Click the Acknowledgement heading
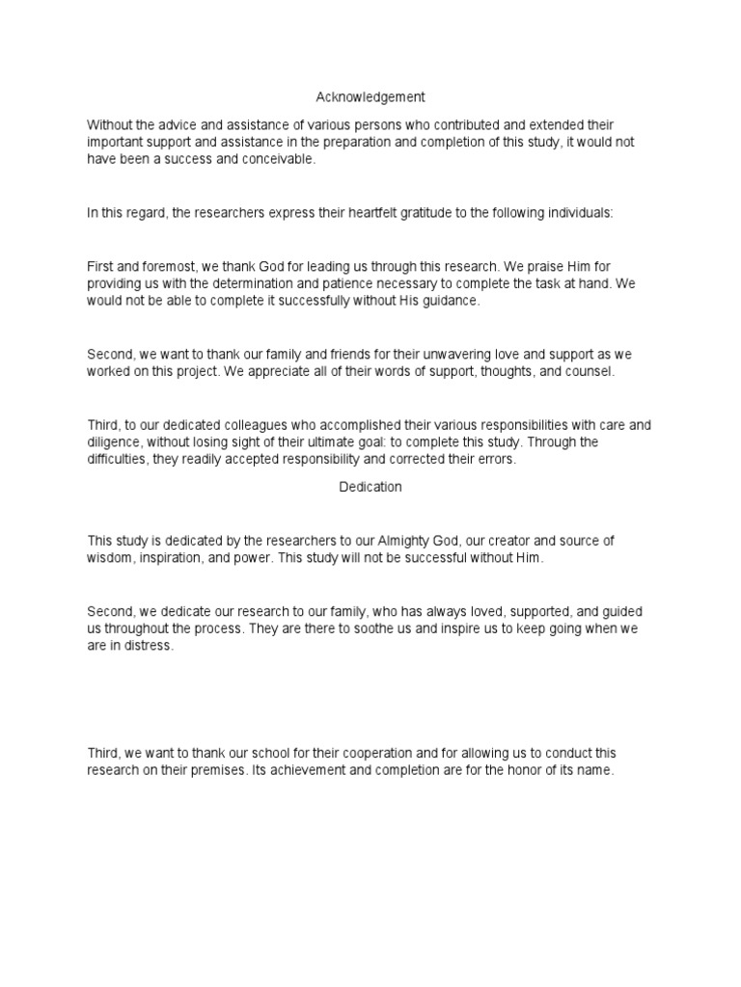[370, 97]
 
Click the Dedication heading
[370, 487]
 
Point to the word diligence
[114, 442]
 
